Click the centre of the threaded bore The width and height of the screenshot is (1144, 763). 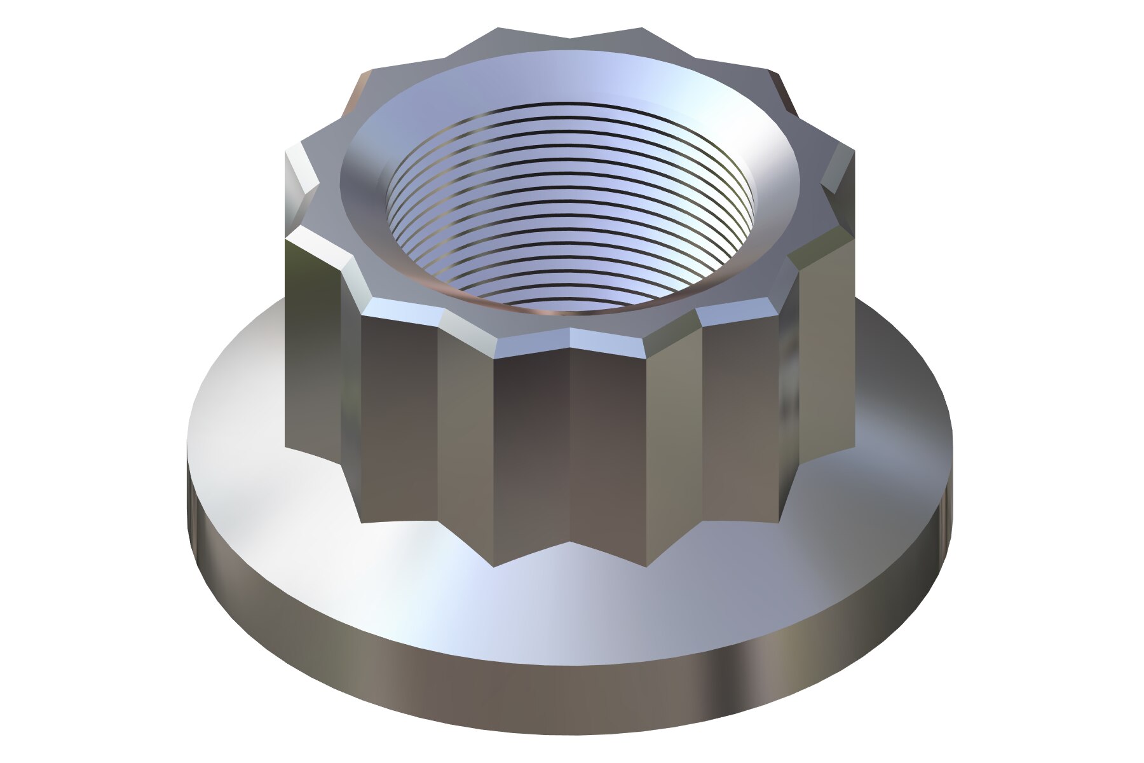[570, 210]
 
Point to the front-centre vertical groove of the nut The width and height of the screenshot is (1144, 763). [570, 445]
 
